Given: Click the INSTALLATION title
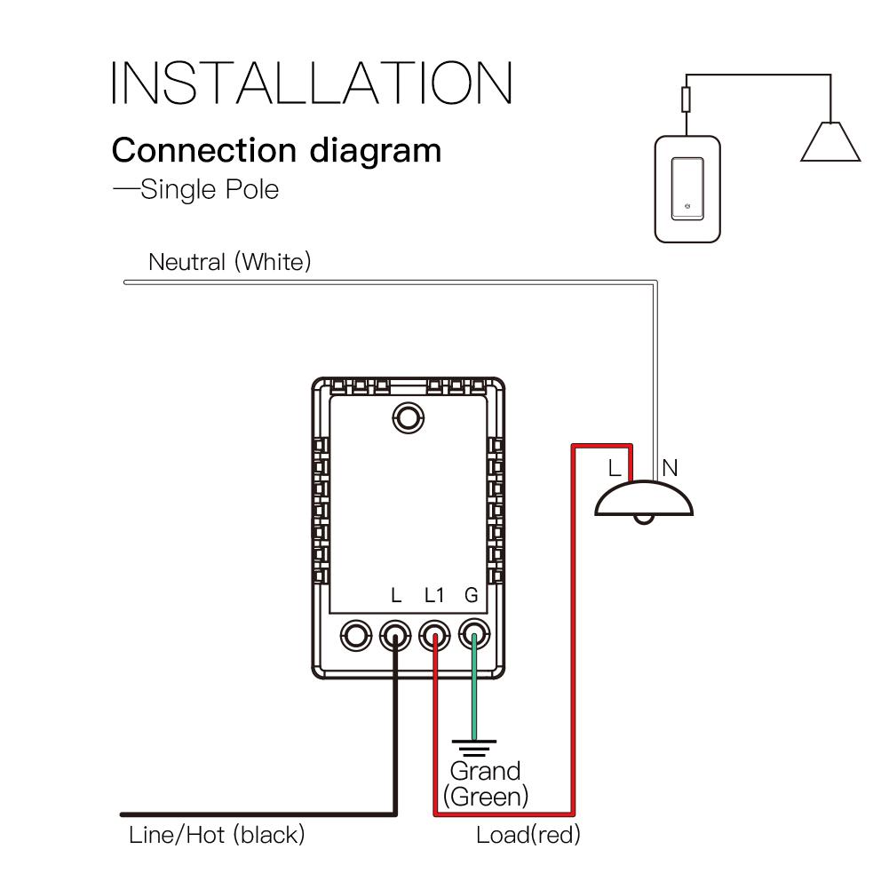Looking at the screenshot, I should coord(312,83).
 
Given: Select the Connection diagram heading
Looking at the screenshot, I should coord(276,150).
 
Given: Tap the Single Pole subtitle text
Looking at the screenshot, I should coord(197,189).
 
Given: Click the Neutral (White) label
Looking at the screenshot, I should coord(230,262).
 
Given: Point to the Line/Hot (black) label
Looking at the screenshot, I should coord(217,835).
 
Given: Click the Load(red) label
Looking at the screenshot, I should coord(528,835).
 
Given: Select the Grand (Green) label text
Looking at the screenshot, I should coord(486,783).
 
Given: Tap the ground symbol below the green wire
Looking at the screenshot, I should coord(473,746).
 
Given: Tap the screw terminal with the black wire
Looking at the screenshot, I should coord(394,635).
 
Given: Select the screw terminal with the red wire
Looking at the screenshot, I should coord(434,635).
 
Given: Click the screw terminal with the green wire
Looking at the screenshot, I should coord(473,635).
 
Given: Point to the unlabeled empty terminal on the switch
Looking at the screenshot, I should coord(355,635).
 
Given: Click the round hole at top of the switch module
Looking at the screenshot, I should coord(408,416).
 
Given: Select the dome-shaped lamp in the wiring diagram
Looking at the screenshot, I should coord(644,501).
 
